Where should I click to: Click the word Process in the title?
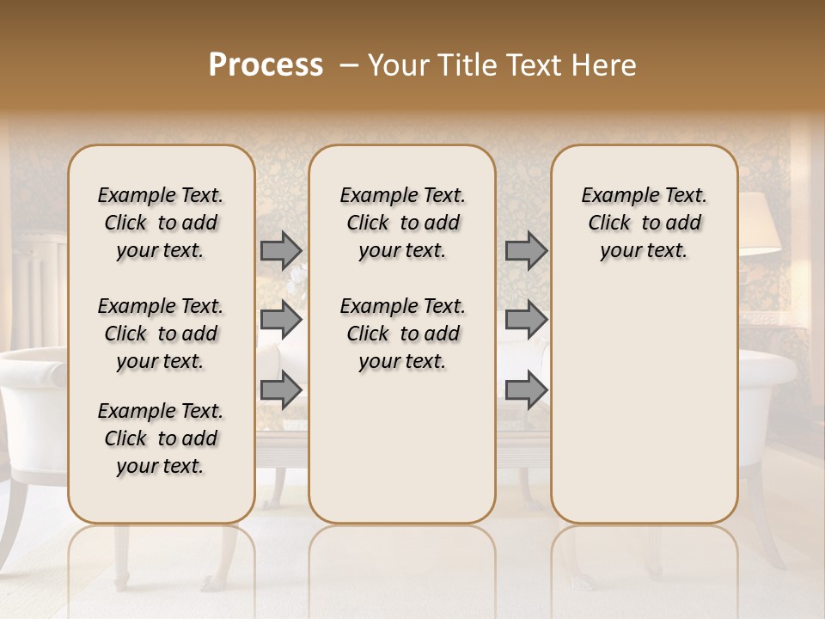pos(266,65)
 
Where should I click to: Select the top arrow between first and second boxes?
pos(281,250)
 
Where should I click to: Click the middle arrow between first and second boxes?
pos(281,320)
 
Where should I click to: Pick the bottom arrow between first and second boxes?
pos(281,389)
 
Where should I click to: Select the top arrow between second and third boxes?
pos(526,250)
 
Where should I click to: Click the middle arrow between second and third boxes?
pos(526,320)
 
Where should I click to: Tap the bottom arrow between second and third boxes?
pos(526,389)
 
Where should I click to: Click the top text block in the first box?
pos(161,223)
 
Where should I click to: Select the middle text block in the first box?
pos(161,334)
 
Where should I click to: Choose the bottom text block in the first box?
pos(161,438)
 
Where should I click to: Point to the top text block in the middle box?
pos(402,223)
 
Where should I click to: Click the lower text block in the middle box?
pos(402,334)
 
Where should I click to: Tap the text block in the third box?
pos(644,223)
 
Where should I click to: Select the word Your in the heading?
pos(399,65)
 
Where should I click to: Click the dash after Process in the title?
pos(348,65)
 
